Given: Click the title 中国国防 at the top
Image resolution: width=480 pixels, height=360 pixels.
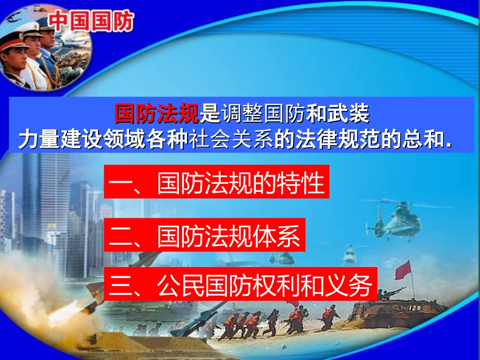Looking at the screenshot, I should pyautogui.click(x=92, y=22).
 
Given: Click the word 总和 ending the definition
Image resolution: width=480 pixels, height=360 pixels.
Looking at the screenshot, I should pyautogui.click(x=427, y=140).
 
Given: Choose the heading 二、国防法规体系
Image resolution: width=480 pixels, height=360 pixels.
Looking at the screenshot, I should pyautogui.click(x=205, y=236).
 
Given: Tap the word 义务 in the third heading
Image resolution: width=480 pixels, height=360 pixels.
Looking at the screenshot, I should pyautogui.click(x=349, y=284).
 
